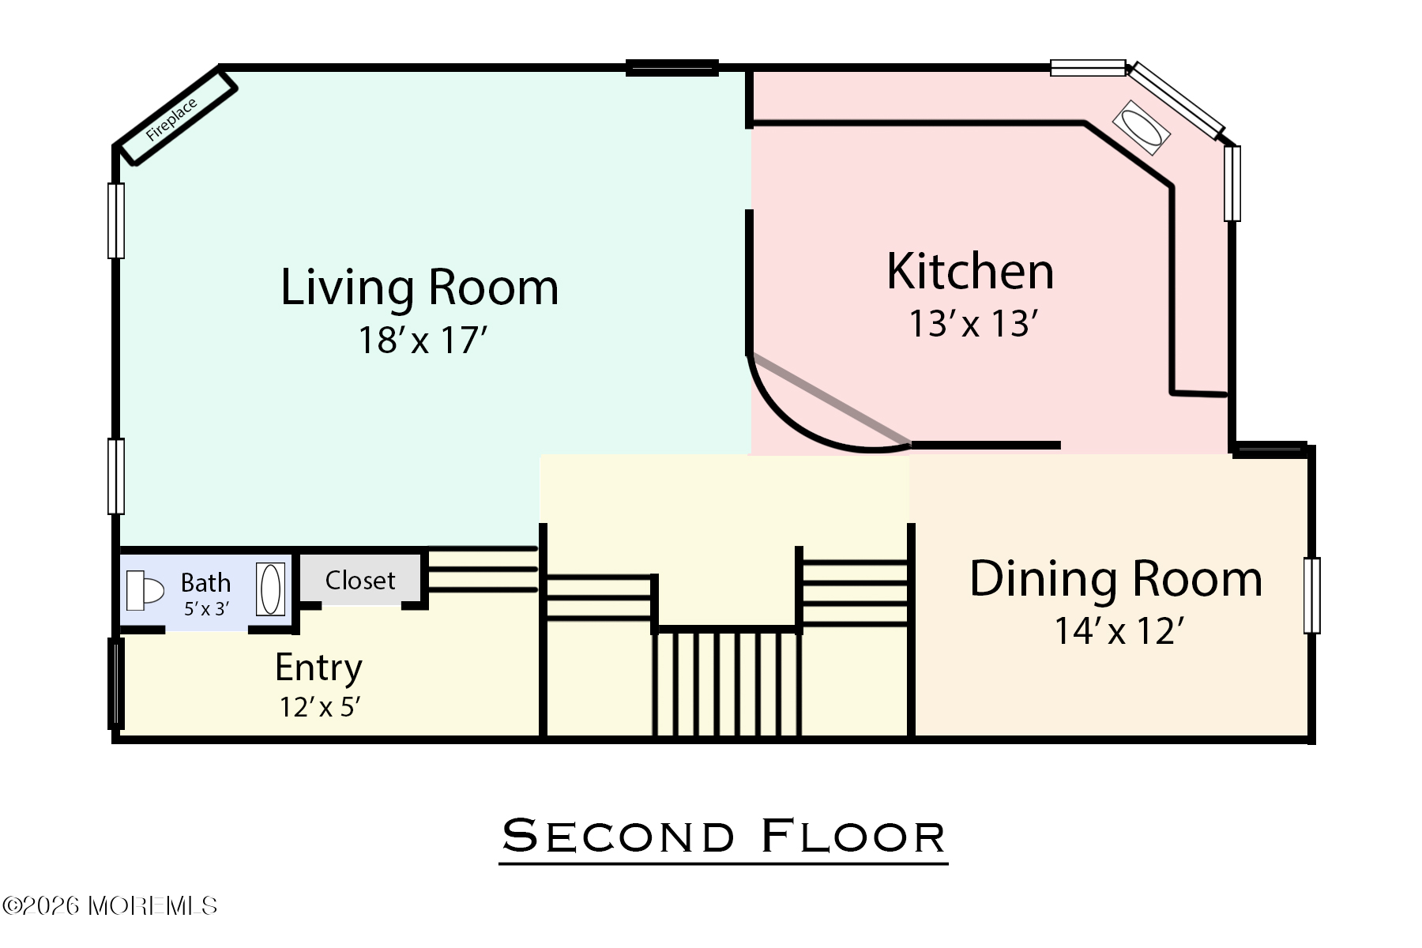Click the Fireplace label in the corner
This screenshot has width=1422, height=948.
coord(171,120)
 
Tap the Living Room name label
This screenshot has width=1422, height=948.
coord(419,288)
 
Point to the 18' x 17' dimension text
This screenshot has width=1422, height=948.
coord(423,340)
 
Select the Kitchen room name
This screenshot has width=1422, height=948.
coord(970,272)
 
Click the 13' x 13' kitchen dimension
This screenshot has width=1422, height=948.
coord(972,324)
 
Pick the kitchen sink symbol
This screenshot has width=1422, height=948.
coord(1142,127)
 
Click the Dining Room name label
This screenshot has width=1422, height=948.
coord(1115,579)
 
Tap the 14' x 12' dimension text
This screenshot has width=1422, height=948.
coord(1119,631)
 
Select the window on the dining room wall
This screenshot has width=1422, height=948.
coord(1311,596)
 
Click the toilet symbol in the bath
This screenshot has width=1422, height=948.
coord(145,590)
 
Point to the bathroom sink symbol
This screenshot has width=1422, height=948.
coord(270,589)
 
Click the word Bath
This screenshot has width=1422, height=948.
coord(205,583)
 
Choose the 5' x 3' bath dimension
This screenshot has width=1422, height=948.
coord(206,609)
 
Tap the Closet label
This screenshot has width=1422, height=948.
coord(360,581)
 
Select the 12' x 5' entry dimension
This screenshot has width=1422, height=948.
coord(320,707)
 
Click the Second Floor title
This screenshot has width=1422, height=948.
coord(724,837)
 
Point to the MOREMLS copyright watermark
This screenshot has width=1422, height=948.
coord(110,905)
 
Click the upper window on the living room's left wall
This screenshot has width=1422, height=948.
coord(116,221)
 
